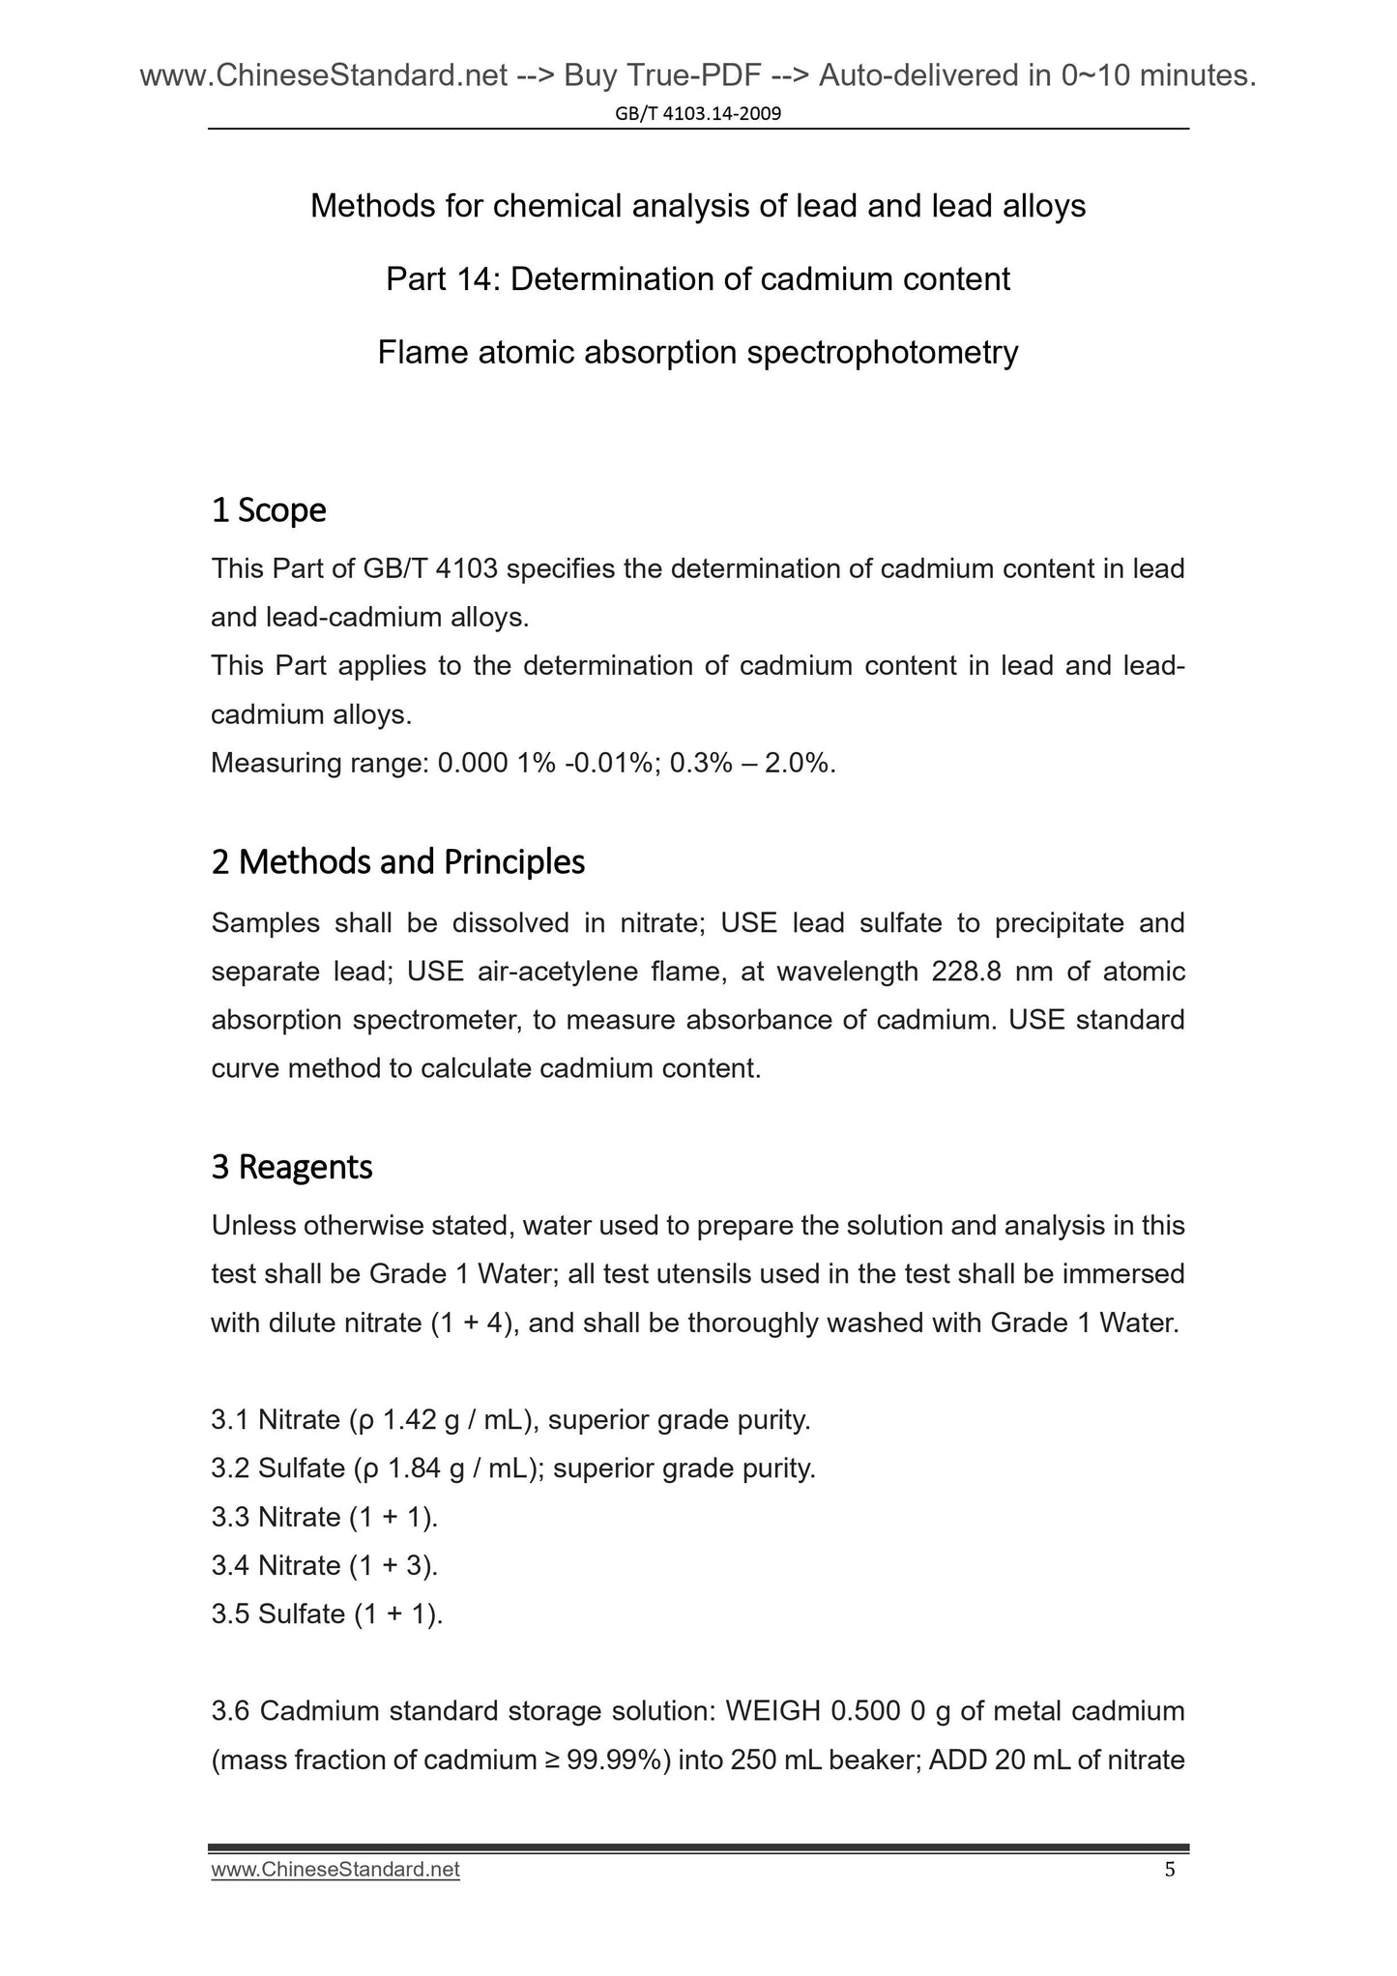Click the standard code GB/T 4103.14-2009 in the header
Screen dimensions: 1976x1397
(698, 114)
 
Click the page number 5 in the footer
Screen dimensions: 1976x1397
(1170, 1869)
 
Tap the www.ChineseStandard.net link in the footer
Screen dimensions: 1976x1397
(335, 1870)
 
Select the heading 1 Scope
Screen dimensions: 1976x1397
(269, 510)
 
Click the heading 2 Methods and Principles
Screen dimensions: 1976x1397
(397, 861)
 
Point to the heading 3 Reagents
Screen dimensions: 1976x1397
(291, 1167)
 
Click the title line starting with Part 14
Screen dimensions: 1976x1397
(697, 279)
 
